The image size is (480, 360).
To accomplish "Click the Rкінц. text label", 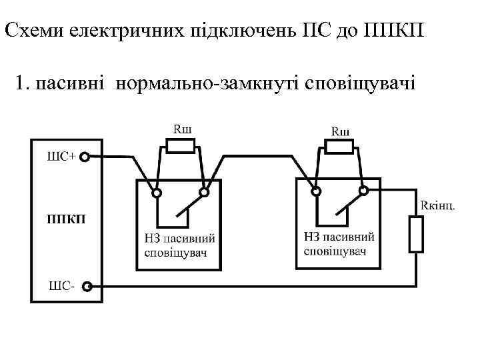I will (438, 204).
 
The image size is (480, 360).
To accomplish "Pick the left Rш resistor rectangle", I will (177, 146).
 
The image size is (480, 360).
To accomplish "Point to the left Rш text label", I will (181, 128).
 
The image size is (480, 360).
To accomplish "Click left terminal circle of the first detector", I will (157, 193).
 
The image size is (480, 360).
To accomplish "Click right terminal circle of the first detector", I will (205, 193).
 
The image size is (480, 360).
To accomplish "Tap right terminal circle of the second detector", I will (364, 192).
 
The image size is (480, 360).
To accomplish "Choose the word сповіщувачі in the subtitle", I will (360, 84).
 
